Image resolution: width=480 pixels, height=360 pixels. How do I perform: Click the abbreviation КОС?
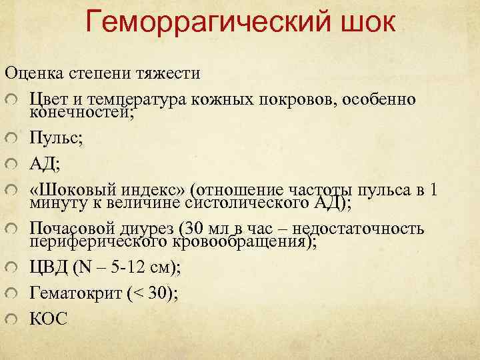tap(48, 319)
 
